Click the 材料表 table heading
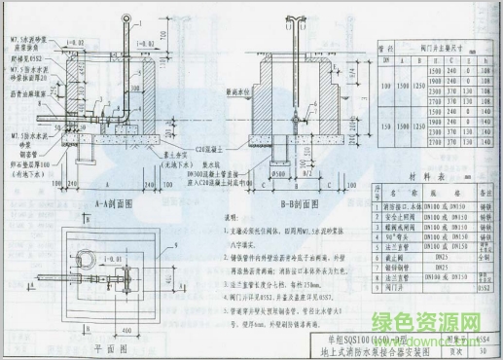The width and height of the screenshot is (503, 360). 422,177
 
